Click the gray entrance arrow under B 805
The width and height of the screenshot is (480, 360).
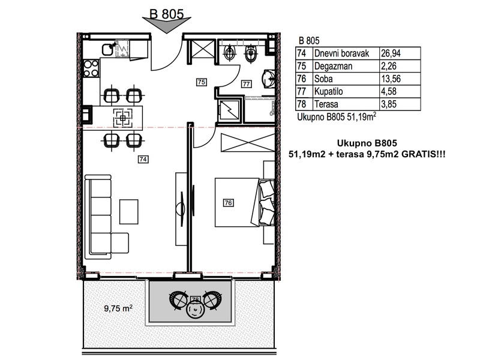tap(167, 25)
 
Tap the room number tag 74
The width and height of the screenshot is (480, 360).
tap(143, 159)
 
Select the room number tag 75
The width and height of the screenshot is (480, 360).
tap(201, 82)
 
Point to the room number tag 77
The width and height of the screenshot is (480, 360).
tap(247, 83)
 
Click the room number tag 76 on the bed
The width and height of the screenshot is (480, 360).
tap(229, 203)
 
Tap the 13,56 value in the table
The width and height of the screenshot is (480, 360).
tap(391, 79)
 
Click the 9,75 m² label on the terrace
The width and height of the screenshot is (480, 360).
tap(118, 308)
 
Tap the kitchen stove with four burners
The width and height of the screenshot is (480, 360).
tap(91, 68)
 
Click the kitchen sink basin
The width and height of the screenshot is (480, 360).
tap(107, 49)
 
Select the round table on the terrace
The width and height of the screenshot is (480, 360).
tap(194, 310)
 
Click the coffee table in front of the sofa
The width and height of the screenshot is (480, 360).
tap(128, 212)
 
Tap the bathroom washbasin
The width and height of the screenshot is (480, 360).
tap(269, 79)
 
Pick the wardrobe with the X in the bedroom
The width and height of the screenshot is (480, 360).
tap(248, 143)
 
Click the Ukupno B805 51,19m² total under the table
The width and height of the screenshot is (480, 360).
tap(337, 116)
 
